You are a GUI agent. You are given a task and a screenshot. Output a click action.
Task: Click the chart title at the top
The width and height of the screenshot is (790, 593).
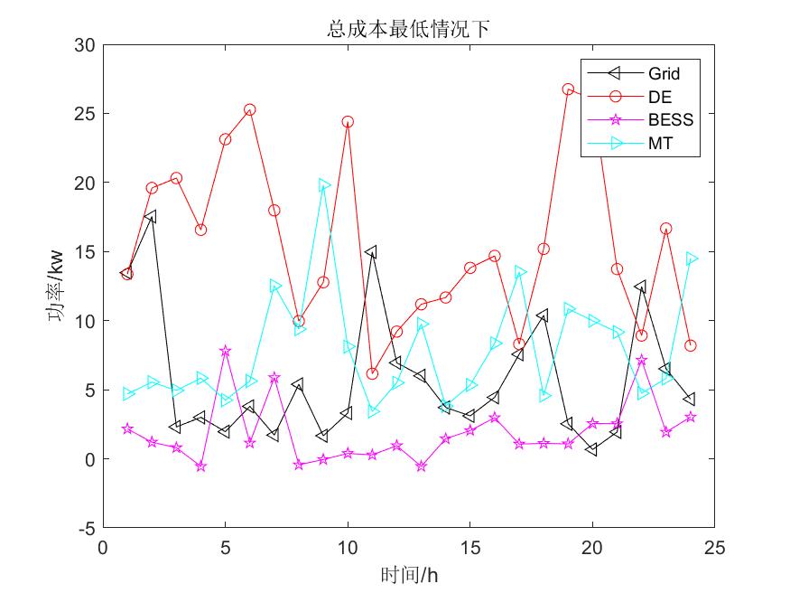pos(408,29)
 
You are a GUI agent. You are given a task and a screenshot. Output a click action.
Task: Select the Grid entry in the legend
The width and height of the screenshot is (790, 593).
pos(663,73)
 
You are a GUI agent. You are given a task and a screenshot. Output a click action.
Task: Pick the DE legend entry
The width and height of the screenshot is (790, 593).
pos(659,96)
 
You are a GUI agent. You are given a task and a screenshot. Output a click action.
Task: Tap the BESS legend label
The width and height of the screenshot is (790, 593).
pos(669,119)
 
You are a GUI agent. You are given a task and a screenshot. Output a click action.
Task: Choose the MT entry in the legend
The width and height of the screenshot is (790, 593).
pos(660,143)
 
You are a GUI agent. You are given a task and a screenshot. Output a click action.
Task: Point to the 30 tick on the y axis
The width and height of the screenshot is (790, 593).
pos(86,44)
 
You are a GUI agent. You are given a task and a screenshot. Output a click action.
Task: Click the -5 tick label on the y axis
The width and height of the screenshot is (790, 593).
pos(88,528)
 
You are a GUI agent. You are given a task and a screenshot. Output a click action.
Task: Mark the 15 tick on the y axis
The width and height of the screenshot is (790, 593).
pos(86,251)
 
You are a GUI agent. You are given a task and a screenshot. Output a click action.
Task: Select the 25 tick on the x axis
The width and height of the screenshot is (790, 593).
pos(714,547)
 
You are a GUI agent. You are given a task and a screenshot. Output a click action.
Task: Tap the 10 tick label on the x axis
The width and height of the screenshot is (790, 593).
pos(347,547)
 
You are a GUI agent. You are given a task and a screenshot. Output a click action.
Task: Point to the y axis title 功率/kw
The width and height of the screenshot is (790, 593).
pos(56,286)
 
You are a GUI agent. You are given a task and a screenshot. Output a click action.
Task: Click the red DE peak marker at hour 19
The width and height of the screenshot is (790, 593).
pos(568,89)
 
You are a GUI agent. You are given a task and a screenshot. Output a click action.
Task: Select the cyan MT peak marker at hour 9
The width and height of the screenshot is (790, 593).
pos(323,185)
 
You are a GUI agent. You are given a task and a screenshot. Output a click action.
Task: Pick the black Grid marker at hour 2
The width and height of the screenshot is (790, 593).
pos(152,217)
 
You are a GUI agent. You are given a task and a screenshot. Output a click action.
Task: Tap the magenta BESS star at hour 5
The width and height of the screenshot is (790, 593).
pos(225,351)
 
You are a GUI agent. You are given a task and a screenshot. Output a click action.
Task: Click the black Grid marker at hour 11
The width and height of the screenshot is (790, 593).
pos(371,252)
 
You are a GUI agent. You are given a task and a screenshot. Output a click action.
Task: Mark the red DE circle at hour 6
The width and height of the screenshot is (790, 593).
pos(250,109)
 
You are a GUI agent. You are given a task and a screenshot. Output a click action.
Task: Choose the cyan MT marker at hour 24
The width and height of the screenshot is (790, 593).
pos(691,259)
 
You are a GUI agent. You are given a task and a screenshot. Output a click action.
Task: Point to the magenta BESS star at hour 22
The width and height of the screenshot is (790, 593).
pos(642,360)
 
